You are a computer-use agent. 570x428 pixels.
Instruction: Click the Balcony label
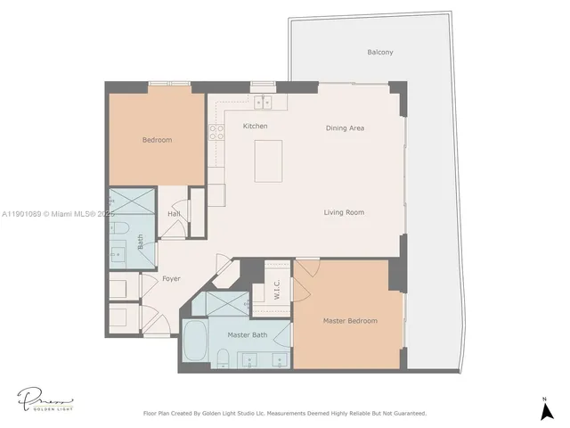pos(380,53)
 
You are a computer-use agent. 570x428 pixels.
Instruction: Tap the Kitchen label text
pos(256,127)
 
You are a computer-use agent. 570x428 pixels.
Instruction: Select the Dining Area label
pos(345,128)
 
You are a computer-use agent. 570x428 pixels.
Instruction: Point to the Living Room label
pos(344,212)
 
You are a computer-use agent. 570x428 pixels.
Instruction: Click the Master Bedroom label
pos(349,321)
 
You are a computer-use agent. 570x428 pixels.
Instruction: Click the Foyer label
pos(171,279)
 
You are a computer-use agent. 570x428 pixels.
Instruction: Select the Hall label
pos(175,214)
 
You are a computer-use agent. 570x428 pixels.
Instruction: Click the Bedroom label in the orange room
pos(157,140)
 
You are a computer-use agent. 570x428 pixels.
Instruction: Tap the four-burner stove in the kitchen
pos(216,134)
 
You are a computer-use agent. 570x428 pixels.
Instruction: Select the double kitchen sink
pos(262,102)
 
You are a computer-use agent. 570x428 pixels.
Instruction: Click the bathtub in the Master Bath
pos(196,341)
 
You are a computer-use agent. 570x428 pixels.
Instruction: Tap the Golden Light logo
pos(43,399)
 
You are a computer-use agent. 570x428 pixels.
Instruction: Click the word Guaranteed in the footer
pos(407,414)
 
